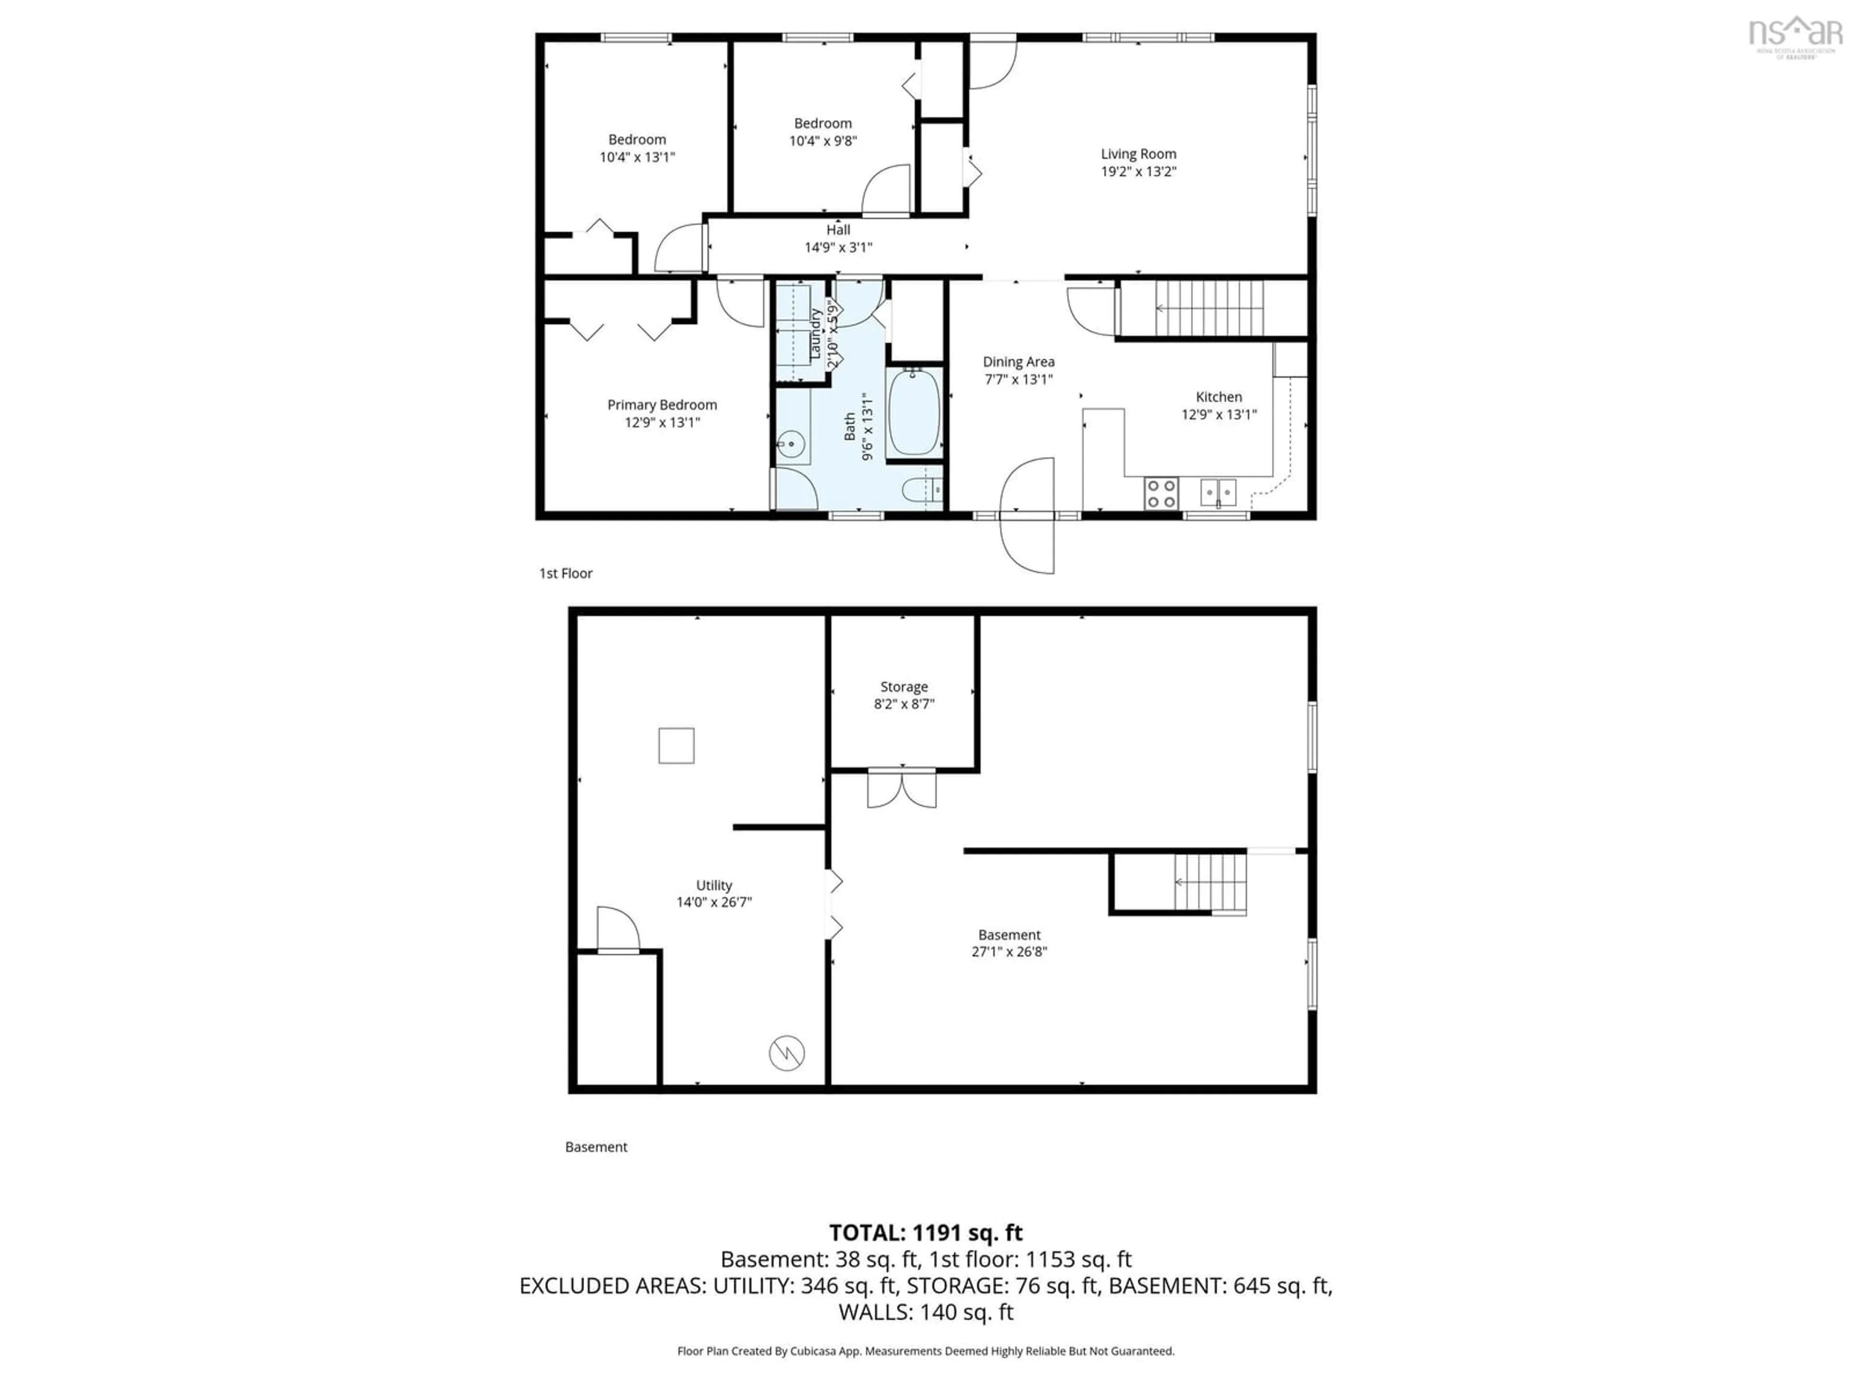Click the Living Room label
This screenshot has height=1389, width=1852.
pos(1138,154)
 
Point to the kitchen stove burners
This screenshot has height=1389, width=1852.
pos(1161,493)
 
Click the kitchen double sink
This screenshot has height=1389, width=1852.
pos(1218,492)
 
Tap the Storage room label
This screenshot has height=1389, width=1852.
pos(903,687)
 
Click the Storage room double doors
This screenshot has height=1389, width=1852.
pos(902,788)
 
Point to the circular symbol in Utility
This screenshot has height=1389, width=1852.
pos(787,1052)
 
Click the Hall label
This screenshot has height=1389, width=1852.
pos(838,230)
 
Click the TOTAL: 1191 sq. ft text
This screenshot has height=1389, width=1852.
pos(925,1232)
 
